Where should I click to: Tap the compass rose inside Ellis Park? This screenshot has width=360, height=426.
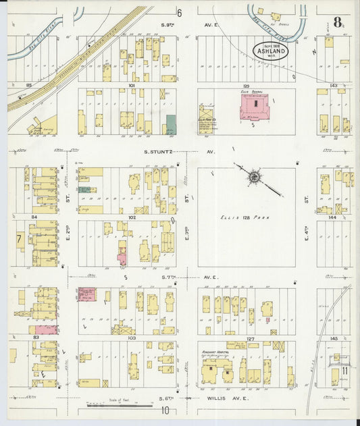pos(255,178)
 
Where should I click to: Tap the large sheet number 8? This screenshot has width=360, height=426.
pos(337,22)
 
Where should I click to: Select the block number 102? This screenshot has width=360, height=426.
pos(132,217)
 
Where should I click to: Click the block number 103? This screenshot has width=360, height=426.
pos(132,337)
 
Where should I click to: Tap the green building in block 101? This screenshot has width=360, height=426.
pos(171,124)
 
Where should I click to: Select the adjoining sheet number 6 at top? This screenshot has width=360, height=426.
pos(180,13)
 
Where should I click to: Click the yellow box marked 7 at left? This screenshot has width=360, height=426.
pos(20,240)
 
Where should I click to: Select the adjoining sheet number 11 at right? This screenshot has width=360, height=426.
pos(344,370)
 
